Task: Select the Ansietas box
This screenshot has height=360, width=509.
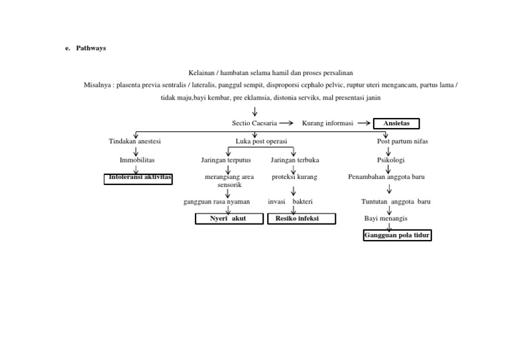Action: tap(397, 123)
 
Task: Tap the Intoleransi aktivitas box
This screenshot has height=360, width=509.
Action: tap(138, 178)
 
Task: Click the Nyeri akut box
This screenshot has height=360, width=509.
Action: tap(227, 219)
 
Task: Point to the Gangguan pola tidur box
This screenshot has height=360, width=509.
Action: tap(397, 235)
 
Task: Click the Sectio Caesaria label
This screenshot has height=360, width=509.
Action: tap(254, 123)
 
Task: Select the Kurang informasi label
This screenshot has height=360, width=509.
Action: tap(328, 123)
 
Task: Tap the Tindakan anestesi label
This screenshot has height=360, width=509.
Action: tap(135, 141)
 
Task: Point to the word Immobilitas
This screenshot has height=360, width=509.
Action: tap(136, 160)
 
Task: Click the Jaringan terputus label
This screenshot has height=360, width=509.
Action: tap(226, 160)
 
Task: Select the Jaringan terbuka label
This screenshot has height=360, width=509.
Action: tap(295, 160)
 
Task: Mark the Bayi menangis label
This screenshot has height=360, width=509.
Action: tap(386, 217)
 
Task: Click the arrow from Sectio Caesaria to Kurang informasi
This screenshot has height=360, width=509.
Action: tap(286, 123)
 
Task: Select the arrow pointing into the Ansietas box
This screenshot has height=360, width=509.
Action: tap(364, 123)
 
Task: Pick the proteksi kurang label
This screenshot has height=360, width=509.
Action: tap(294, 177)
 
